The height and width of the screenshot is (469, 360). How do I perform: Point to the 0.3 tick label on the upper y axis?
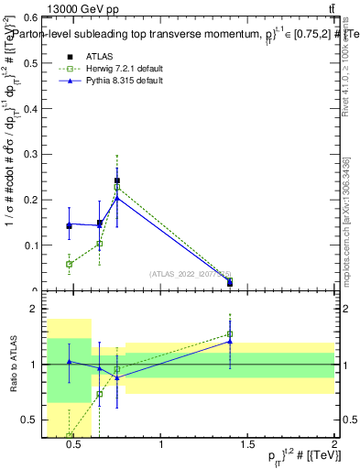pos(31,154)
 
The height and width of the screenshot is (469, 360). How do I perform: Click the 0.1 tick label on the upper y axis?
pos(31,245)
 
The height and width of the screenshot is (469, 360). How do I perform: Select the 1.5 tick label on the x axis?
pos(247,446)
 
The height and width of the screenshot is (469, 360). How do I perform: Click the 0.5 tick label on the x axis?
pos(75,446)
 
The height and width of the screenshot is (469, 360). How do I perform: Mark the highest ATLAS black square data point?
pos(117,180)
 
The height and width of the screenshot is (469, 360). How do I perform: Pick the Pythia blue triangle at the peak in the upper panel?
pos(117,197)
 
